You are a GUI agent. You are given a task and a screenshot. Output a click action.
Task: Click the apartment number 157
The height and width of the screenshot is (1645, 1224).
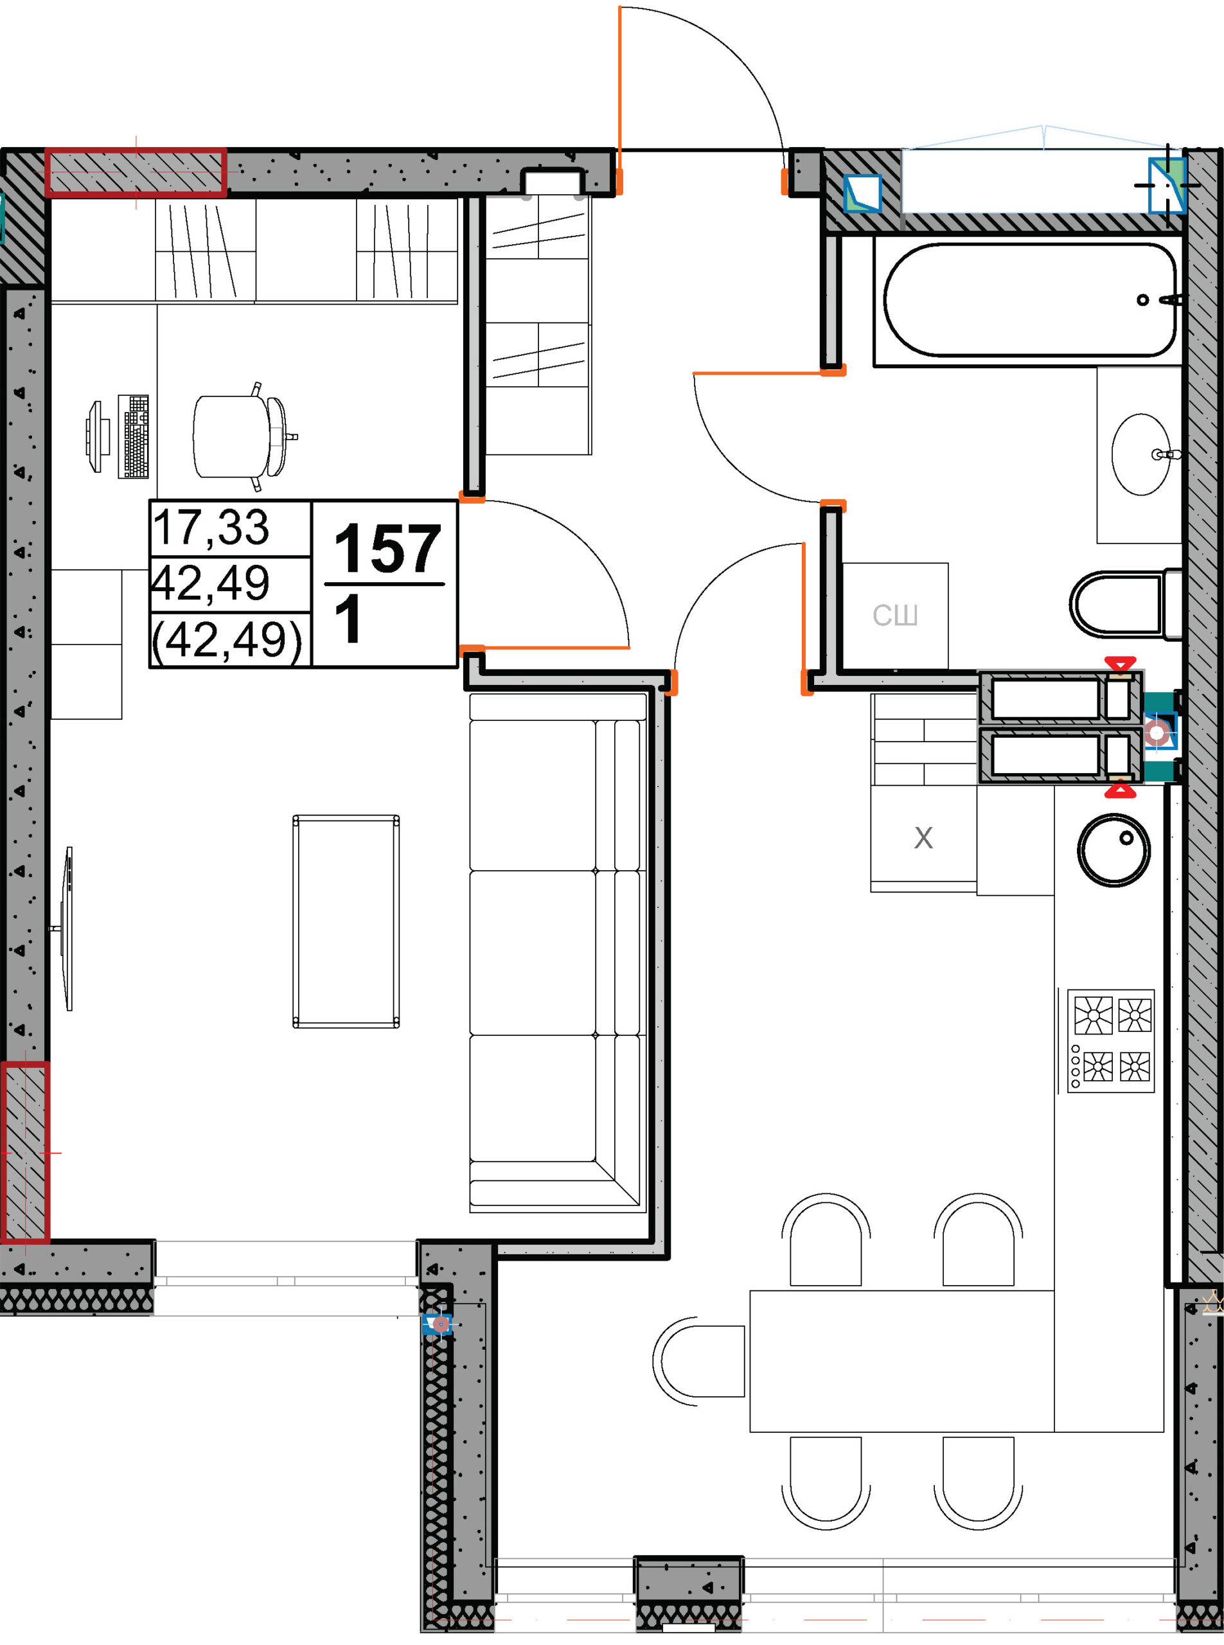pos(387,549)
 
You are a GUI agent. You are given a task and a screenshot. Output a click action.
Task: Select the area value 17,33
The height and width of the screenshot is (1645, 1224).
pos(211,528)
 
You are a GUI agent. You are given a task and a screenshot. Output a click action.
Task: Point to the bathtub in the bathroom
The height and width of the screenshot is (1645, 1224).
pos(1030,300)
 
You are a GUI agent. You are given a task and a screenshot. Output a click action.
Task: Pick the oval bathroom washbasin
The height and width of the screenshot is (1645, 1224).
pos(1142,454)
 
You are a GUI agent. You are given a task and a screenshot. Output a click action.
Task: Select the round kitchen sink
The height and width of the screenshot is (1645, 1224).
pos(1113,850)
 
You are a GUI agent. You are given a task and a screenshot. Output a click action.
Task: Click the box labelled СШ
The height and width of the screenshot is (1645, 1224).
pos(895,616)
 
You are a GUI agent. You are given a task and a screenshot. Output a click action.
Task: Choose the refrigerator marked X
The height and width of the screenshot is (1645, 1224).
pos(923,838)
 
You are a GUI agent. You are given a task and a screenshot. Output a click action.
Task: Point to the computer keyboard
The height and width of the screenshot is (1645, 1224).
pos(134,436)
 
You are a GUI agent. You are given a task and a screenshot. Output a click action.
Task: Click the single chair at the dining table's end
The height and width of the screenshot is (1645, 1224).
pos(698,1360)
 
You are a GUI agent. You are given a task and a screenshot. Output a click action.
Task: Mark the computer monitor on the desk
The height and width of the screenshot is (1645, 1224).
pos(96,436)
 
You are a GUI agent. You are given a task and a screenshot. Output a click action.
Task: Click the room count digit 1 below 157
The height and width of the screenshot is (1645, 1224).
pos(348,619)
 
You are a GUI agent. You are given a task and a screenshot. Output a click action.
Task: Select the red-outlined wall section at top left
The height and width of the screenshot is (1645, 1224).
pos(136,173)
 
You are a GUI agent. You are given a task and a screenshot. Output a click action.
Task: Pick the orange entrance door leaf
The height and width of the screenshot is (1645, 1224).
pos(619,100)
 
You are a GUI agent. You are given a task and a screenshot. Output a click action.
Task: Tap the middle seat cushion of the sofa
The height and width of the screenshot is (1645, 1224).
pos(532,953)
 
